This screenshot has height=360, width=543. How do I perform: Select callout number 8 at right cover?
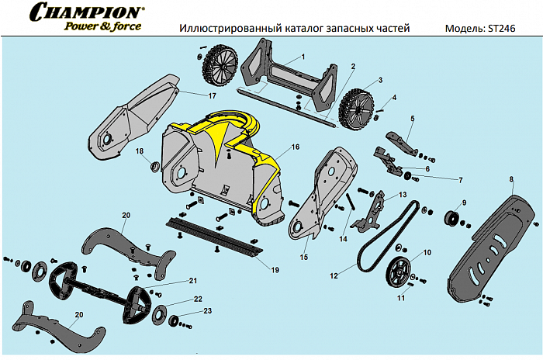[511, 180]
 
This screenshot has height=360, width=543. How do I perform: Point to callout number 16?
[296, 147]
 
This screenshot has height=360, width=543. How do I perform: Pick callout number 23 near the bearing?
[206, 311]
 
